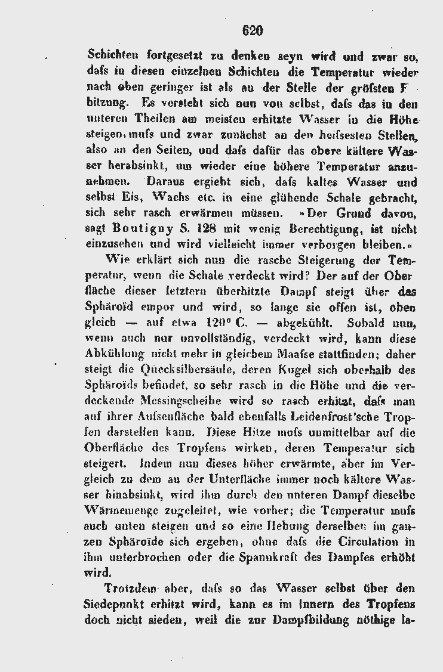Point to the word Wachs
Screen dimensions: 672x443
pos(171,197)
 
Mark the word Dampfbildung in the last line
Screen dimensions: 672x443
pos(306,620)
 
